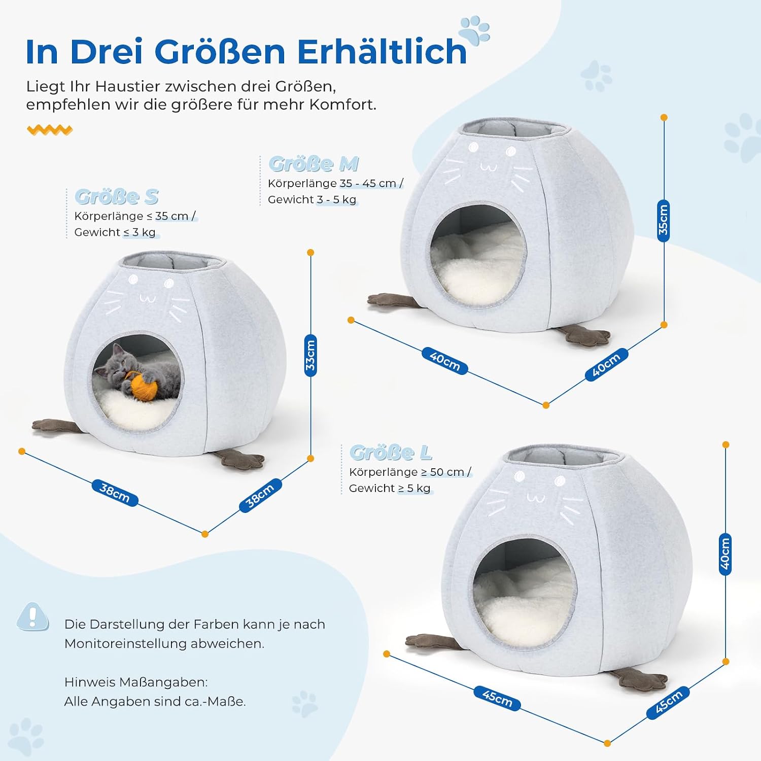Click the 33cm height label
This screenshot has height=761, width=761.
(310, 355)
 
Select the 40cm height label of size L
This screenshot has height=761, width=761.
(725, 554)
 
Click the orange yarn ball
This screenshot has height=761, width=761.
(143, 386)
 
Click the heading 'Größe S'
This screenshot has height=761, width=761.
(117, 196)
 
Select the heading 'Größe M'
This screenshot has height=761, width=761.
(314, 164)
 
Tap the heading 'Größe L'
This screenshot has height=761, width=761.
(391, 452)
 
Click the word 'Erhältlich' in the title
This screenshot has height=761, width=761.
(382, 51)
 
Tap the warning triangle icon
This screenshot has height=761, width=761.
(33, 617)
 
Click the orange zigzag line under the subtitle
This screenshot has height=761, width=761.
(50, 130)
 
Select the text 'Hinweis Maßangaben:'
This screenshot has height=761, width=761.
(136, 682)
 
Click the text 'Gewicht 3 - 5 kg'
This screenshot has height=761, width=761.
(312, 199)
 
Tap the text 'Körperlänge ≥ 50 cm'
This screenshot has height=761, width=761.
(406, 472)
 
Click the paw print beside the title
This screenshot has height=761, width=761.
(475, 29)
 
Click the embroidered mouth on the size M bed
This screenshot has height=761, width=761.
(489, 167)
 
